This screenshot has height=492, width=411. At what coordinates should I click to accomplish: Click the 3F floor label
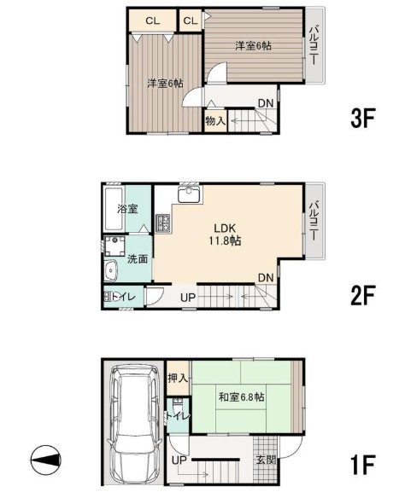click(363, 118)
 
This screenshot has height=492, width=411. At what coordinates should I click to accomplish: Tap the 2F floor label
click(363, 295)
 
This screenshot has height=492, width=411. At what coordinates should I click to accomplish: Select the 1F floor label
click(363, 465)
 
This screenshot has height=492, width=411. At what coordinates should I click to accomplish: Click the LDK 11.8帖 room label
click(226, 234)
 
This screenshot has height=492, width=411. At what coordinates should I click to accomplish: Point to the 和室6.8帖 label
click(242, 397)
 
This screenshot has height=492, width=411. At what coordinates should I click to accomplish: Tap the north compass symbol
click(46, 460)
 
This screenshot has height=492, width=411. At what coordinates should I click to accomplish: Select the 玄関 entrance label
click(266, 460)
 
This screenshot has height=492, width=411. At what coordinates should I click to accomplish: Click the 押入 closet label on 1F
click(178, 378)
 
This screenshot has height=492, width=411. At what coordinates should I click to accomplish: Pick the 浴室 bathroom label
click(127, 209)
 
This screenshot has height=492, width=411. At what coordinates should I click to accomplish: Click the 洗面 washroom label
click(138, 259)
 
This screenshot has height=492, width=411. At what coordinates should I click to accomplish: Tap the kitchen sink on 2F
click(189, 194)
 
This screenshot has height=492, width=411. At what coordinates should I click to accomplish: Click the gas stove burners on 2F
click(163, 223)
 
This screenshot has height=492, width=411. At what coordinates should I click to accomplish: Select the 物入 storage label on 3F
click(215, 120)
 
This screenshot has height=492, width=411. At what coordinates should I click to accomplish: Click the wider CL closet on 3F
click(153, 20)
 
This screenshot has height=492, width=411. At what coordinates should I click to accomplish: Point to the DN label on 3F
click(266, 103)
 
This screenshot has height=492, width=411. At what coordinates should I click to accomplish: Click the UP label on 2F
click(188, 297)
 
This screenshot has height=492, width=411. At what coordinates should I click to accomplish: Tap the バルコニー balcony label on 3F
click(314, 46)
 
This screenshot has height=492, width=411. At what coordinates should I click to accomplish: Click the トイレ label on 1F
click(179, 416)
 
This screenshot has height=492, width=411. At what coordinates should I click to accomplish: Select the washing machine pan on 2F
click(114, 246)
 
